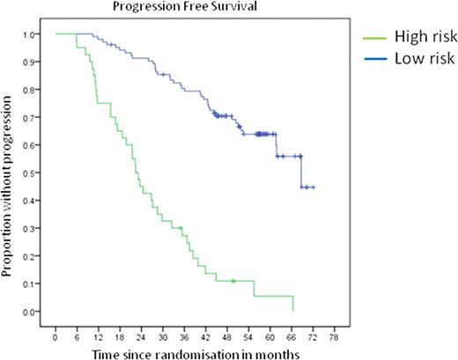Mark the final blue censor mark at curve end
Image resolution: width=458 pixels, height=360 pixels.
coord(314,187)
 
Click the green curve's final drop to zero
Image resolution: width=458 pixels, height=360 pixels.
coord(292,304)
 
